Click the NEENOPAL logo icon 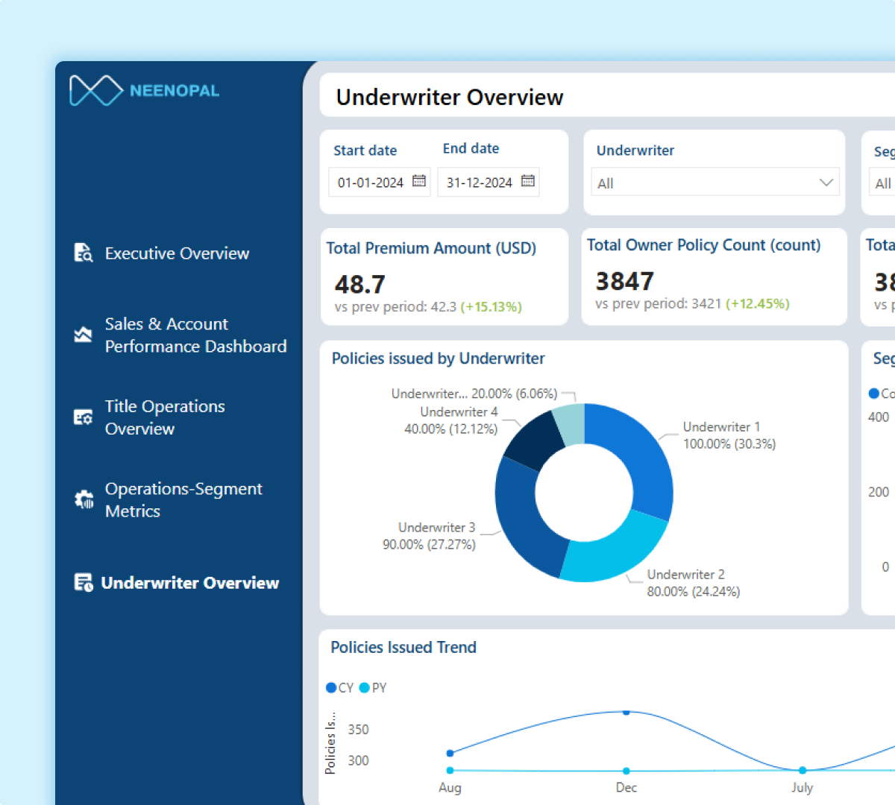click(95, 91)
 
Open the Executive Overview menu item click(177, 253)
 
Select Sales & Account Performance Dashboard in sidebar click(195, 335)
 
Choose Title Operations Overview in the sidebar click(165, 417)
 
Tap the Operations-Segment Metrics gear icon click(84, 499)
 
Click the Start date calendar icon click(419, 181)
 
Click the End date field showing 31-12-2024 click(480, 183)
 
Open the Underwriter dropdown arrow click(826, 183)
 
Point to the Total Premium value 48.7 click(360, 284)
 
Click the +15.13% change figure click(492, 307)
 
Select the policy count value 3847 click(624, 281)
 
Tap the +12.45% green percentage click(758, 304)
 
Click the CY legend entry click(339, 688)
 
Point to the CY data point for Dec click(626, 713)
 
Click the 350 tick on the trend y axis click(358, 730)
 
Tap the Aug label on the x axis click(450, 788)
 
